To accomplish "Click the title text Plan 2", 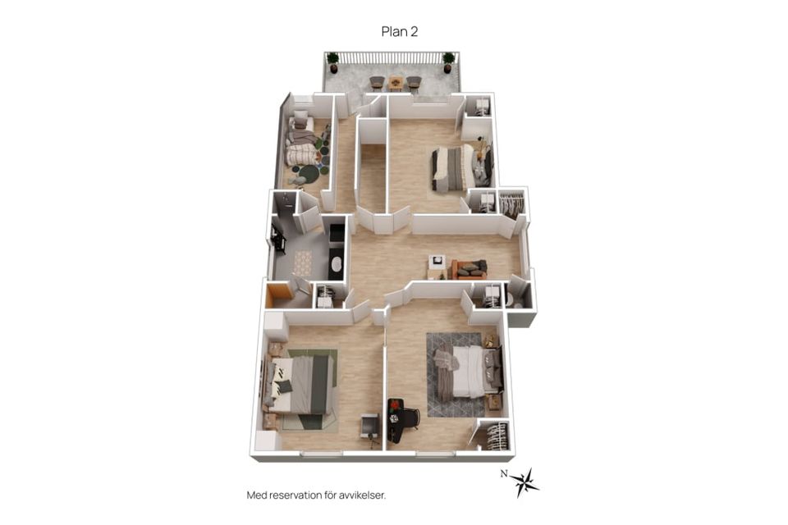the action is [x=400, y=32].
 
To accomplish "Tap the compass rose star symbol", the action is [x=525, y=483].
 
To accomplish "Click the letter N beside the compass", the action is [x=503, y=473].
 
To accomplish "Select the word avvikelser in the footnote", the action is [x=362, y=495].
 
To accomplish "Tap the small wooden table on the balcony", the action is [x=396, y=82].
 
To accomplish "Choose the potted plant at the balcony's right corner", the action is [x=448, y=62].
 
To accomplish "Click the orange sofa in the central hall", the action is [x=469, y=269].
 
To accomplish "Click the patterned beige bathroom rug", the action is [x=302, y=262].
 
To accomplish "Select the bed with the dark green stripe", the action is [x=300, y=385].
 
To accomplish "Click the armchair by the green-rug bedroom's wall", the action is [x=370, y=427].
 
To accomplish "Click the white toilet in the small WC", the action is [x=511, y=299].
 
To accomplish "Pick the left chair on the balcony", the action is [x=378, y=82].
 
